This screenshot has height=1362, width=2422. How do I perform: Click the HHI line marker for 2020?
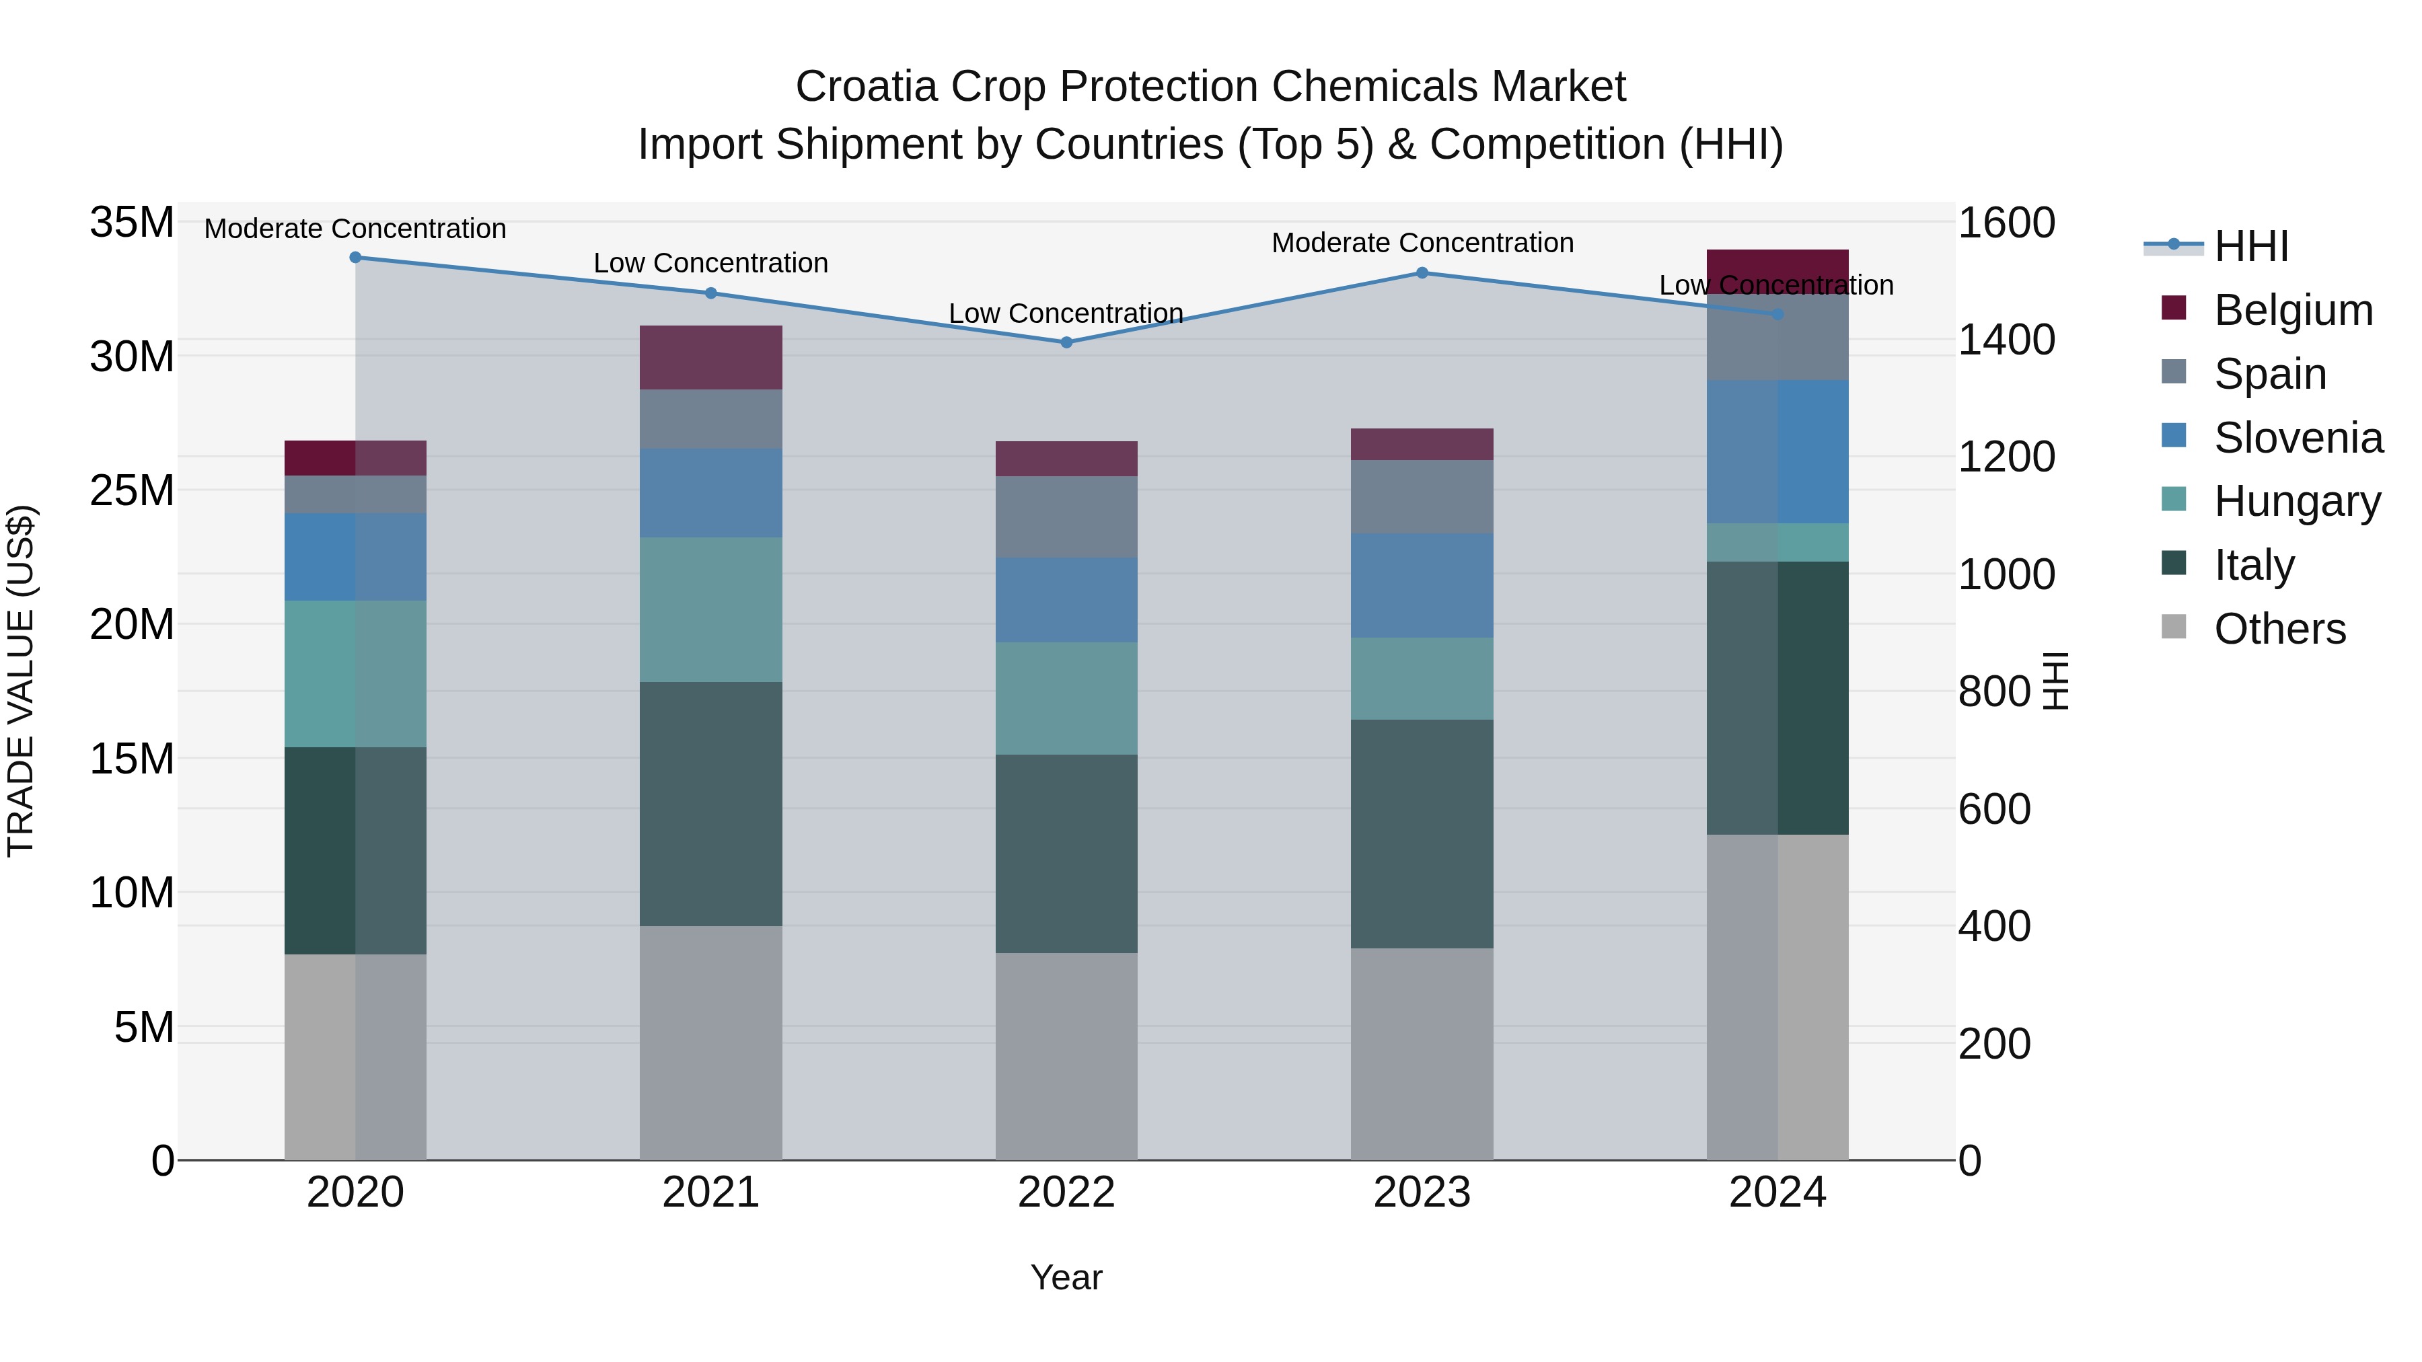coord(355,258)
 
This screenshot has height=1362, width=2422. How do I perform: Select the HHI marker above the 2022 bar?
coord(1066,342)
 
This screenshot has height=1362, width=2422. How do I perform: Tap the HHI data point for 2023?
coord(1422,274)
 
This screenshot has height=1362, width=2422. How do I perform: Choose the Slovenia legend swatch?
coord(2174,436)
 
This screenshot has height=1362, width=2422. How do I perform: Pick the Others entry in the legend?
coord(2279,629)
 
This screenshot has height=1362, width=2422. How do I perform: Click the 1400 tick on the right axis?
coord(2006,340)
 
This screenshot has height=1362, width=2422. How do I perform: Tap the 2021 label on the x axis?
coord(711,1193)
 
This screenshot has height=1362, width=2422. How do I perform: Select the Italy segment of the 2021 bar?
coord(711,804)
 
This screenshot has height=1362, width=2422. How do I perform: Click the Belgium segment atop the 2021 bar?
coord(711,357)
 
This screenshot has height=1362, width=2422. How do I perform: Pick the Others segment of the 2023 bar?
coord(1422,1053)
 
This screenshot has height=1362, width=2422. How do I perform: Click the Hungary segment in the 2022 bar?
coord(1066,698)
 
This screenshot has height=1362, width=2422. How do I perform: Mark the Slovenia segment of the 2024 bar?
coord(1777,451)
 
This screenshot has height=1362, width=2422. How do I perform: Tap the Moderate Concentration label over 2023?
coord(1422,243)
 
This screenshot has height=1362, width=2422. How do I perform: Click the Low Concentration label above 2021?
coord(711,263)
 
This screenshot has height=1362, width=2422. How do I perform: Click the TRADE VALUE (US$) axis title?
coord(21,681)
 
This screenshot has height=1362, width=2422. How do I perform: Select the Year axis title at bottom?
coord(1066,1277)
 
